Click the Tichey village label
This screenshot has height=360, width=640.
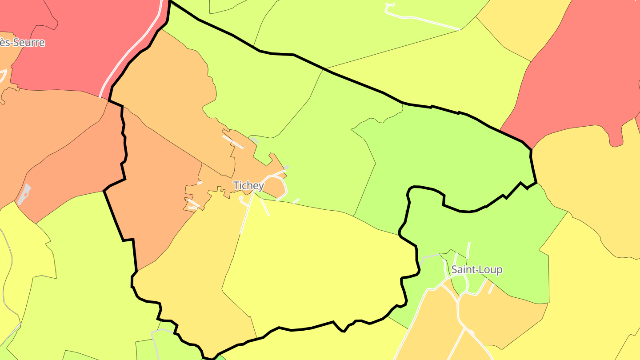click(249, 185)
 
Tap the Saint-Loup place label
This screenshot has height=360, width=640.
click(477, 269)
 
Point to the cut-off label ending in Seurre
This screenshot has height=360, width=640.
click(22, 43)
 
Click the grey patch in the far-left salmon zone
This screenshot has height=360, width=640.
click(25, 194)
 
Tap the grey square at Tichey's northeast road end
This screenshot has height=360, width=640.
click(286, 168)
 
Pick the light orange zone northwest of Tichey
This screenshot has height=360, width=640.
click(169, 98)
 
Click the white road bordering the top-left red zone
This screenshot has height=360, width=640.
click(129, 58)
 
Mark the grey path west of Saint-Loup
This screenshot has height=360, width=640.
click(429, 257)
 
